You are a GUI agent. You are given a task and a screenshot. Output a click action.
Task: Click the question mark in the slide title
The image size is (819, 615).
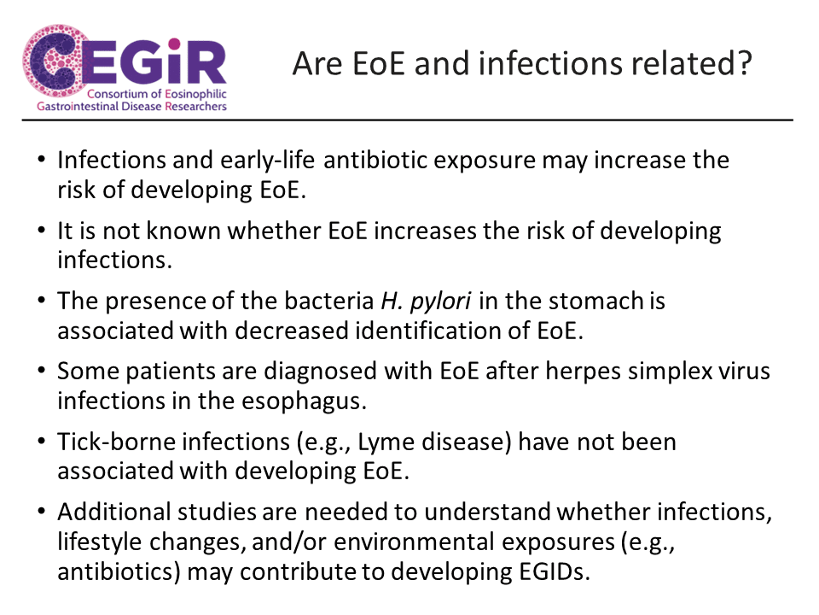[x=743, y=63]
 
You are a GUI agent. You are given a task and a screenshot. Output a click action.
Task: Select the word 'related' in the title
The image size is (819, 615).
[x=679, y=63]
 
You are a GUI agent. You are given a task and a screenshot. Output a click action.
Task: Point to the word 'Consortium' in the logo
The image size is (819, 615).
[x=118, y=94]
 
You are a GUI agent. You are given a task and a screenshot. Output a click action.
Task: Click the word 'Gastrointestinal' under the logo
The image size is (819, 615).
[x=78, y=107]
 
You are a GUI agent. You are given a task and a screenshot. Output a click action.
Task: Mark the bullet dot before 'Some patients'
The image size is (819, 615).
[x=42, y=370]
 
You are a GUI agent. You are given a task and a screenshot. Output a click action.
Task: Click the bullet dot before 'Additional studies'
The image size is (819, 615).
[x=42, y=511]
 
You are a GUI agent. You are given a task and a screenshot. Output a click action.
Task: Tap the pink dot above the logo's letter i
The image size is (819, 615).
[x=175, y=44]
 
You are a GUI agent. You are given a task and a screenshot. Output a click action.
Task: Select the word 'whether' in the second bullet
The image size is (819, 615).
[x=274, y=231]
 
